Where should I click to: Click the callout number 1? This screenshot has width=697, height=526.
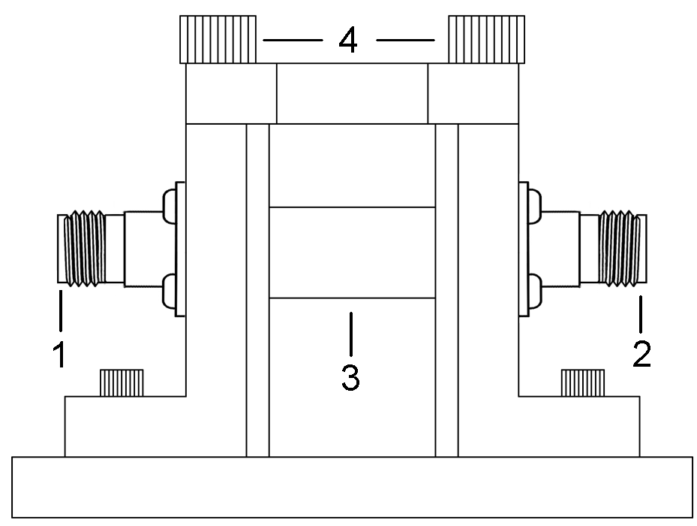tap(59, 353)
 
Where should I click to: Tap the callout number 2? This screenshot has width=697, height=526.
tap(641, 353)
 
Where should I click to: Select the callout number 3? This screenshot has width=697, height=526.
tap(350, 377)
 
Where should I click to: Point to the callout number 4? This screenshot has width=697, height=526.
tap(347, 40)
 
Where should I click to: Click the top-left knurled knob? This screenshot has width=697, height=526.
tap(217, 40)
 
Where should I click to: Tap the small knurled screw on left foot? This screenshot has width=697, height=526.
tap(122, 383)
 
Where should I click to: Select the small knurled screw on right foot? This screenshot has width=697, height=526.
tap(584, 383)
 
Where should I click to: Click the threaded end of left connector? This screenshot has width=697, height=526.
tap(83, 249)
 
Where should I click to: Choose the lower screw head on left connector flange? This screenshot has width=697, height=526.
tap(167, 289)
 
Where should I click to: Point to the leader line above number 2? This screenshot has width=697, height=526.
tap(641, 314)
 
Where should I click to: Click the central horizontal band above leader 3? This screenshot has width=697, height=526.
tap(351, 252)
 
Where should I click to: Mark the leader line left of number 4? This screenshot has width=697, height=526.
tap(292, 40)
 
